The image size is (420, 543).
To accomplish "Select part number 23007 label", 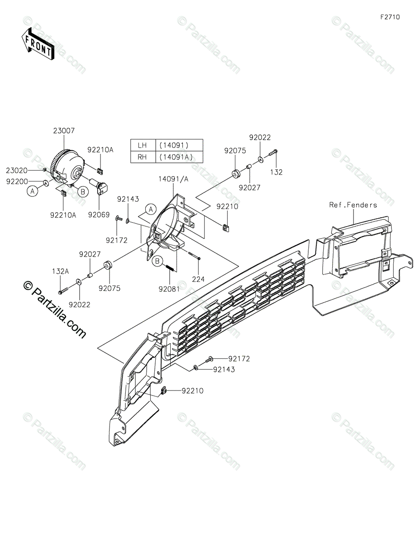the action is (x=64, y=131).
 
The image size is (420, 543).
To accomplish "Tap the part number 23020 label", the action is (x=17, y=170).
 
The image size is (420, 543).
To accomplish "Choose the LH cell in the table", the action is (x=142, y=145).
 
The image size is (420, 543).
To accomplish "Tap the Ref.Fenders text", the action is (x=353, y=205).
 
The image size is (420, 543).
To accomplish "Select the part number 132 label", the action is (x=276, y=172).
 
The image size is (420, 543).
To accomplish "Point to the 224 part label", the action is (x=198, y=279).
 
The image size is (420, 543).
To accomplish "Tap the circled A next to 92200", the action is (x=33, y=191).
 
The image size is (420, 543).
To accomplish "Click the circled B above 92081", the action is (x=158, y=261).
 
